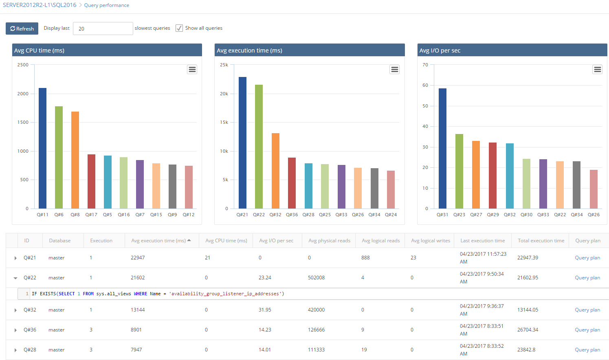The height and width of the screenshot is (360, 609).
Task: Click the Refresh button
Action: click(x=22, y=29)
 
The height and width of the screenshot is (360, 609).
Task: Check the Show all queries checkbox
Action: click(x=179, y=28)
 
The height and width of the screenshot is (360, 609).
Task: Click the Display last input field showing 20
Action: click(x=103, y=29)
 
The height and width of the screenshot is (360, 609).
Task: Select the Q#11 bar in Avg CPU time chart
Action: click(x=42, y=148)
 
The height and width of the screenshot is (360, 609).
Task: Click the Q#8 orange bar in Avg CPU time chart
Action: click(x=75, y=160)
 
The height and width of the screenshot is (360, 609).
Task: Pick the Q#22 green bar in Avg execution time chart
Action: click(x=259, y=147)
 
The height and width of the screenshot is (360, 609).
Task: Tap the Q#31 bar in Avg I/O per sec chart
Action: click(x=442, y=148)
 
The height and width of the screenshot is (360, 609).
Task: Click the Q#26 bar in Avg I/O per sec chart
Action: click(x=594, y=189)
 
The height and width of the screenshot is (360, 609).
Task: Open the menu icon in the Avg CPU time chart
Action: click(x=192, y=69)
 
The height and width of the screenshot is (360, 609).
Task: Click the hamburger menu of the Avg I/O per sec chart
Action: click(x=597, y=69)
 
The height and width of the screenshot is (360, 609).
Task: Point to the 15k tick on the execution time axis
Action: click(x=224, y=122)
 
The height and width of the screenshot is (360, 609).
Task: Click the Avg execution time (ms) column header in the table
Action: click(x=158, y=241)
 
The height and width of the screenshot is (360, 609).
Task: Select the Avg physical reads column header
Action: click(x=329, y=241)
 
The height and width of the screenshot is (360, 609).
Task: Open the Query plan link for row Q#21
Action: click(x=587, y=258)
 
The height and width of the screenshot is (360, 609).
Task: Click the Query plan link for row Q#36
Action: click(x=587, y=330)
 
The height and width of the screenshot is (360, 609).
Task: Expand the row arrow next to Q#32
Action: click(x=15, y=310)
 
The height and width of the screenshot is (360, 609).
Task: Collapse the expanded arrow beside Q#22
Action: click(x=15, y=278)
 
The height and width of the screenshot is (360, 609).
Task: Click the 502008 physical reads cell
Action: click(x=316, y=278)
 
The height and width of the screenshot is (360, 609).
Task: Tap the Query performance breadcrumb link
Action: click(x=106, y=5)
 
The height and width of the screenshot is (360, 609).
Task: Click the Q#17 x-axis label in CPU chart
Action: click(x=91, y=215)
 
